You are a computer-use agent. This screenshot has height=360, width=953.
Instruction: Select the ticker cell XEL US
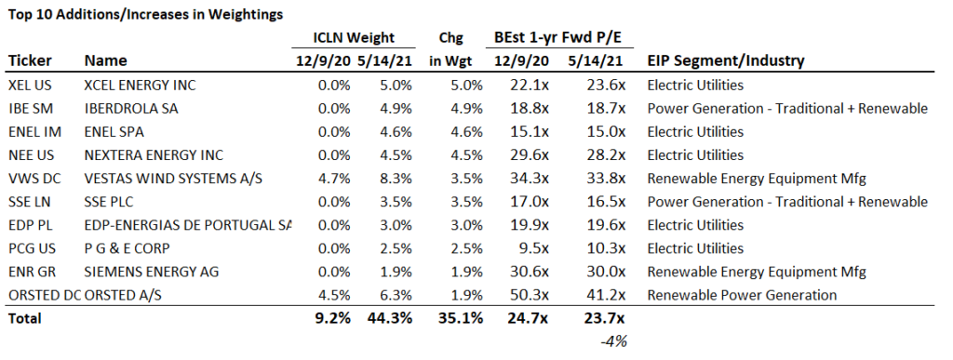(29, 86)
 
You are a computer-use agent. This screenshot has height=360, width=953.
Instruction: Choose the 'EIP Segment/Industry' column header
(726, 61)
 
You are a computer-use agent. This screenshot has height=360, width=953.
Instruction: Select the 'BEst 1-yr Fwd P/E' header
(557, 38)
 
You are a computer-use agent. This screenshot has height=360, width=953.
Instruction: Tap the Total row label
(26, 318)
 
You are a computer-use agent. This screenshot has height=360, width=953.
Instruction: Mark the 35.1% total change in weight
(461, 318)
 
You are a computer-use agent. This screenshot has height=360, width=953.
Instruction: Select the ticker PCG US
(30, 248)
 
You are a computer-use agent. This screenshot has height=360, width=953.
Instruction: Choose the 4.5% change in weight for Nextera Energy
(464, 155)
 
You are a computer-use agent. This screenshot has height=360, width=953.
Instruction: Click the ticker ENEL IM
(32, 132)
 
